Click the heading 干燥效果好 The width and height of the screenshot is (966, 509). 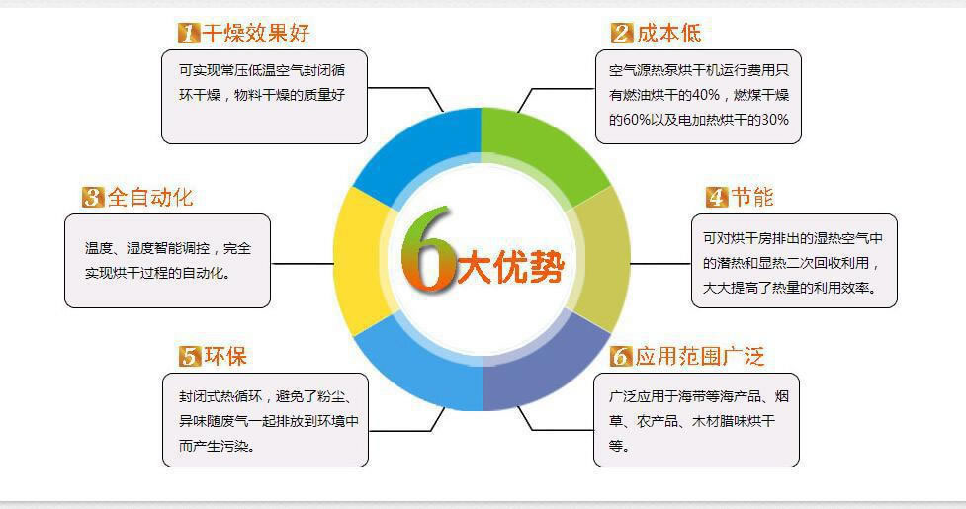tap(256, 33)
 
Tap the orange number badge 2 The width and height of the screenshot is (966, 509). tap(622, 33)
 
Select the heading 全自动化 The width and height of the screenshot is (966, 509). tap(149, 197)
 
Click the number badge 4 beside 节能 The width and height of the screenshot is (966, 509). tap(717, 197)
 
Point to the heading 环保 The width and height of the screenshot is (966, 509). tap(225, 356)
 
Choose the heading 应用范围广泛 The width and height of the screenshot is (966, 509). tap(699, 356)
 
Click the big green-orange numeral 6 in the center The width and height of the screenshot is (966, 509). tap(426, 249)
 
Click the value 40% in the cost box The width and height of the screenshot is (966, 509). tap(705, 95)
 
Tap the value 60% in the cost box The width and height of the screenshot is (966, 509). tap(637, 120)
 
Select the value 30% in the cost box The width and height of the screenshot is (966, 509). tap(775, 120)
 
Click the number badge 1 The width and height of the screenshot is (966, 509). tap(189, 33)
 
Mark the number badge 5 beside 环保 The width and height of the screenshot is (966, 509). tap(190, 356)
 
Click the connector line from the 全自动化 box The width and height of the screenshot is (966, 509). tap(302, 264)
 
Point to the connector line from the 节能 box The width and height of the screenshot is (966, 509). tap(660, 264)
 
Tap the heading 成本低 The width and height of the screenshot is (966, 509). tap(668, 33)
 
